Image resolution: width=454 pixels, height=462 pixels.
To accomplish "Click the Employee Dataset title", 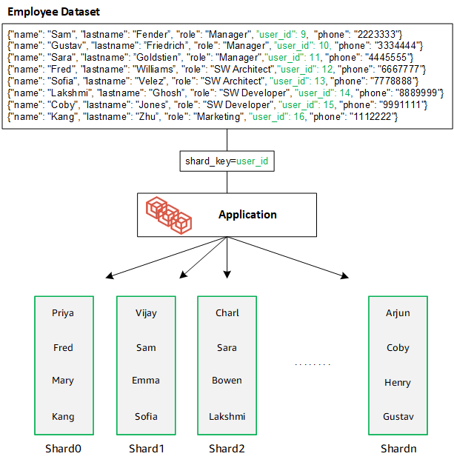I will (x=53, y=13).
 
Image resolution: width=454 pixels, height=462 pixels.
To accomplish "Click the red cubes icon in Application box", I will (x=169, y=215).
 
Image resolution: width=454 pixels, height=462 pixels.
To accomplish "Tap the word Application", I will (x=247, y=215).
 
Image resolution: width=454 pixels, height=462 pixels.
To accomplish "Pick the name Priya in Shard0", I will (x=63, y=313).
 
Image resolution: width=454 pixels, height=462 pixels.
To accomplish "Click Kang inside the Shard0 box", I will (x=63, y=416).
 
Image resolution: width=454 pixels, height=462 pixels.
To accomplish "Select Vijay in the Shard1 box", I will (x=146, y=313).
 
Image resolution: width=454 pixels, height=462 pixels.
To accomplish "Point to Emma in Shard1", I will (x=146, y=381).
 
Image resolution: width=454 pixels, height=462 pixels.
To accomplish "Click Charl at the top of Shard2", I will (x=227, y=313).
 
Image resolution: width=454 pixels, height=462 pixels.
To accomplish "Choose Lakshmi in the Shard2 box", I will (x=227, y=416).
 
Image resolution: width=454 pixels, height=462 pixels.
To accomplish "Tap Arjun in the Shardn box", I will (x=398, y=313).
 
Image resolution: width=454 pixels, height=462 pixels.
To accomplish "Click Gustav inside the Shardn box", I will (x=398, y=416).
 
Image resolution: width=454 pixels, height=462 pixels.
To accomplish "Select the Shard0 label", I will (x=64, y=448).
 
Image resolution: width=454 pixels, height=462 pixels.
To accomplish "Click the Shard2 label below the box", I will (x=227, y=448).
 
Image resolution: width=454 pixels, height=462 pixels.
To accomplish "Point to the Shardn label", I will (x=398, y=448).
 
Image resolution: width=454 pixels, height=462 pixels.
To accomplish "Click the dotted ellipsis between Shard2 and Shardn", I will (x=312, y=364).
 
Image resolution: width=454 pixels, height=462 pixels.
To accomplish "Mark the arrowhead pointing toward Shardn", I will (x=346, y=278).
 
